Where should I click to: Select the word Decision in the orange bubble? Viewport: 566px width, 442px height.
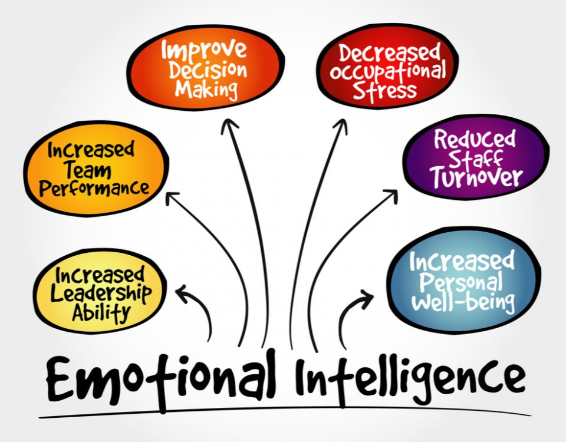[x=208, y=70]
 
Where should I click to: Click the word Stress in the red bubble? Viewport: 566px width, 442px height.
[x=385, y=91]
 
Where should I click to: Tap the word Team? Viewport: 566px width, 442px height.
[x=88, y=170]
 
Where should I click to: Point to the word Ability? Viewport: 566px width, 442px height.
[x=101, y=312]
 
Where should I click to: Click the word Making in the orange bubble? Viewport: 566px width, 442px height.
[x=206, y=90]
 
